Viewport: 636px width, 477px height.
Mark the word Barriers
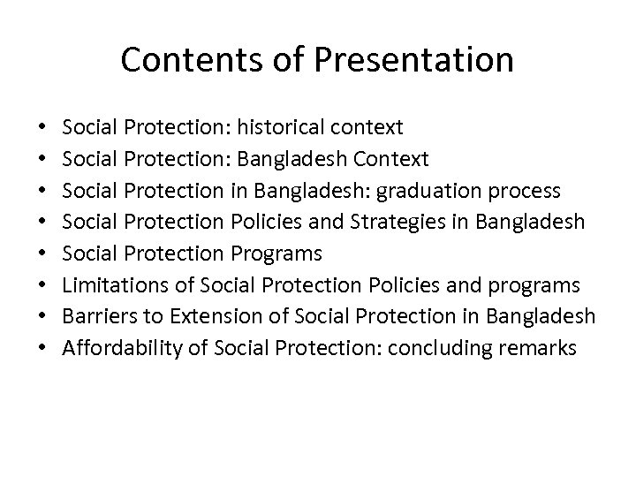95,316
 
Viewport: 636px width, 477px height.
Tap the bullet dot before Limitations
44,286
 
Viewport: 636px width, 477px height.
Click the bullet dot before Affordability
44,349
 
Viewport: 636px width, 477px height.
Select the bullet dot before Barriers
44,317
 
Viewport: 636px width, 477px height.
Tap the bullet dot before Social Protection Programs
44,254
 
